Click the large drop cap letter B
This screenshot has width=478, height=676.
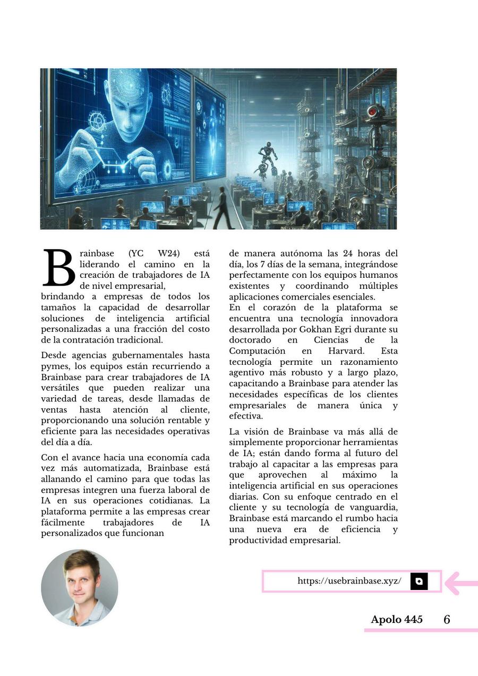58,268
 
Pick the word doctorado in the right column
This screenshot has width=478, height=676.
250,340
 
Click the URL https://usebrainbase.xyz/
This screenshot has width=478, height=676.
349,581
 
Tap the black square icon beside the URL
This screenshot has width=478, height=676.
419,581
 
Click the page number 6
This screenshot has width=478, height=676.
447,620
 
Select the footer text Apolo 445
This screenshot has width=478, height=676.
397,620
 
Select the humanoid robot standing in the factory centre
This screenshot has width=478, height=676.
267,157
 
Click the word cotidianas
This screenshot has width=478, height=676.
167,501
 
